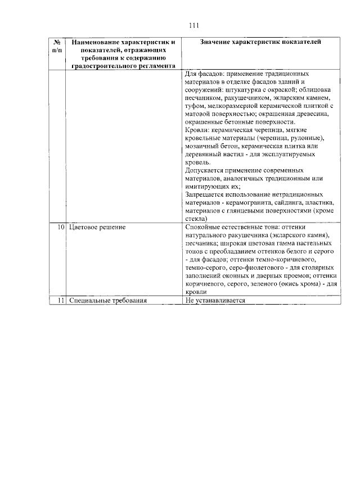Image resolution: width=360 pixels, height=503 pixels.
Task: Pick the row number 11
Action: pyautogui.click(x=60, y=301)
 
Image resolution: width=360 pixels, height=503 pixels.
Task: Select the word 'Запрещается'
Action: pyautogui.click(x=205, y=194)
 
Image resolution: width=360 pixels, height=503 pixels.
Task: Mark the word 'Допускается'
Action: pyautogui.click(x=205, y=170)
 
